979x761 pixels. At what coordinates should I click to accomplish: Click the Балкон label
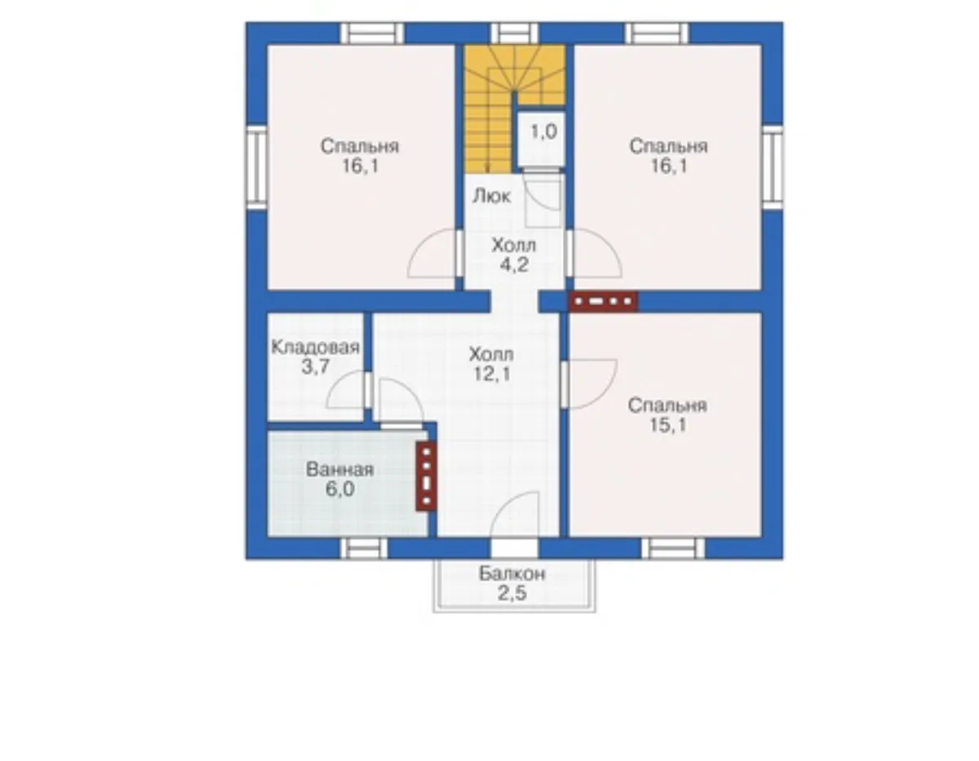pos(512,574)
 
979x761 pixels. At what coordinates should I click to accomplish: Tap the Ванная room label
pos(340,470)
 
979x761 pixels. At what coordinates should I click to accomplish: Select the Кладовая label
pos(316,347)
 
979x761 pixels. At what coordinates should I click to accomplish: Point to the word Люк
pos(491,197)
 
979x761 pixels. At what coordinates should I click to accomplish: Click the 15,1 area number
pos(667,425)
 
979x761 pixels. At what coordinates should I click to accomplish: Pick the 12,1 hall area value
pos(492,374)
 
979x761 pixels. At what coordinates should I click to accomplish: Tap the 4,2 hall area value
pos(514,265)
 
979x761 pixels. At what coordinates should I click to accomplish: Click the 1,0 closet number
pos(544,131)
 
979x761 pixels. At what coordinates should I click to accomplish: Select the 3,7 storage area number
pos(316,367)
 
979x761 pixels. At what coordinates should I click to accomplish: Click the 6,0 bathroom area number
pos(340,489)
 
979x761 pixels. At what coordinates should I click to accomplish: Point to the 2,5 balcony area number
pos(512,594)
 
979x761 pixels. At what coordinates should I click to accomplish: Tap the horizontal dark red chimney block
pos(603,301)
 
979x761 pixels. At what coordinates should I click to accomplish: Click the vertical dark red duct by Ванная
pos(426,476)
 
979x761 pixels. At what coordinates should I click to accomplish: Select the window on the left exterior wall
pos(256,167)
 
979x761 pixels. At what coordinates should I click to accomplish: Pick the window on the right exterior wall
pos(773,167)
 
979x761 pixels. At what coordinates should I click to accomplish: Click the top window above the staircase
pos(515,33)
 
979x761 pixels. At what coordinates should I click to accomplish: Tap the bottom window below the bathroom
pos(364,549)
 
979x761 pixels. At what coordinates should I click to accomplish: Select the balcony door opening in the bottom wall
pos(514,549)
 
